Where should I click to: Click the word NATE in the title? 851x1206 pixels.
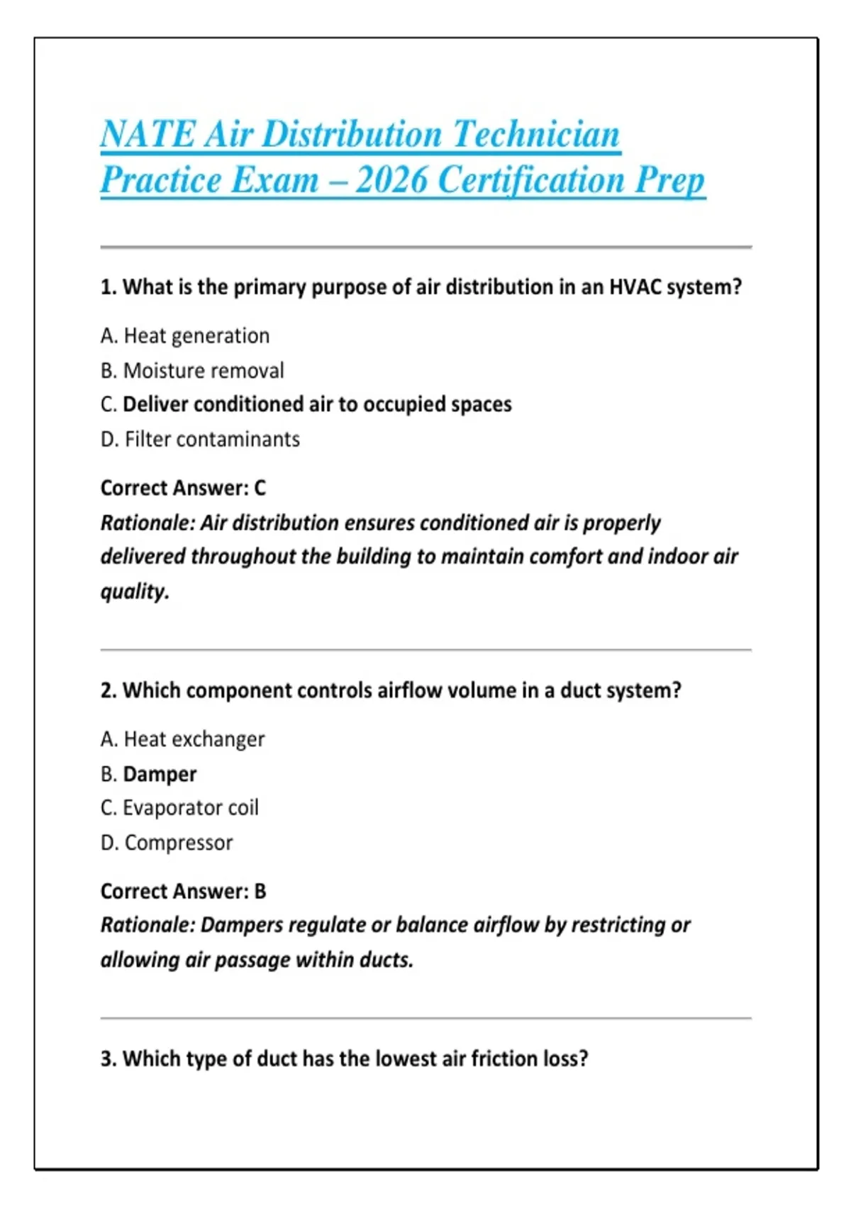(x=148, y=134)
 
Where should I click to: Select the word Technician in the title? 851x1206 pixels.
(x=536, y=134)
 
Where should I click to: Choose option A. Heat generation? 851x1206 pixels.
(x=185, y=336)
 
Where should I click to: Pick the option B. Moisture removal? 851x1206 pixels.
(x=192, y=370)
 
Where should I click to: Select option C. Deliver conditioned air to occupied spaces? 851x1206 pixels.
(x=306, y=404)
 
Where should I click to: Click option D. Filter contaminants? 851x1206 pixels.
(x=200, y=439)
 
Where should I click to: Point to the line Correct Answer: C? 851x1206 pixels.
(x=183, y=488)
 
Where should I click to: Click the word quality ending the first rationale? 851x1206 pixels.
(x=134, y=591)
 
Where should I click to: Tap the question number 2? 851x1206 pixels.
(x=107, y=690)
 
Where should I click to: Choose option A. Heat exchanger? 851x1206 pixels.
(x=182, y=739)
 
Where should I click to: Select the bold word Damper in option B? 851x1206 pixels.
(x=160, y=774)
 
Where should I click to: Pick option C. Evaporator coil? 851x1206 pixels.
(x=179, y=808)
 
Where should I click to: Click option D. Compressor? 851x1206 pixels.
(x=167, y=843)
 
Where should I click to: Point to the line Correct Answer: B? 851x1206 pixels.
(x=183, y=891)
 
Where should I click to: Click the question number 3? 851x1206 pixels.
(x=107, y=1058)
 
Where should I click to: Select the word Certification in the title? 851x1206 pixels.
(x=531, y=179)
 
